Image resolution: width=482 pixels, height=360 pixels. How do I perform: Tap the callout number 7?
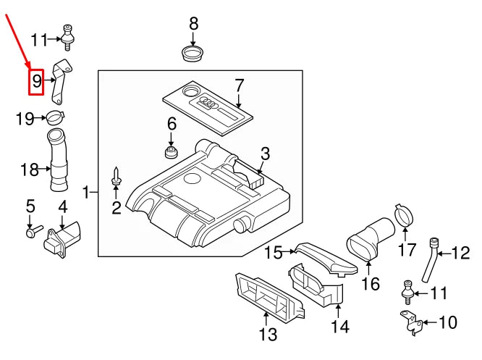(x=240, y=85)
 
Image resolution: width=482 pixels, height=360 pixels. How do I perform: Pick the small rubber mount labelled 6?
(x=172, y=153)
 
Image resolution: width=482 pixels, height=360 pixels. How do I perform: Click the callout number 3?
(x=265, y=153)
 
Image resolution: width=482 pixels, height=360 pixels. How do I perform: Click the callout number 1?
(x=87, y=192)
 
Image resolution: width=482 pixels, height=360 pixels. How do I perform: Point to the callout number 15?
(x=273, y=253)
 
